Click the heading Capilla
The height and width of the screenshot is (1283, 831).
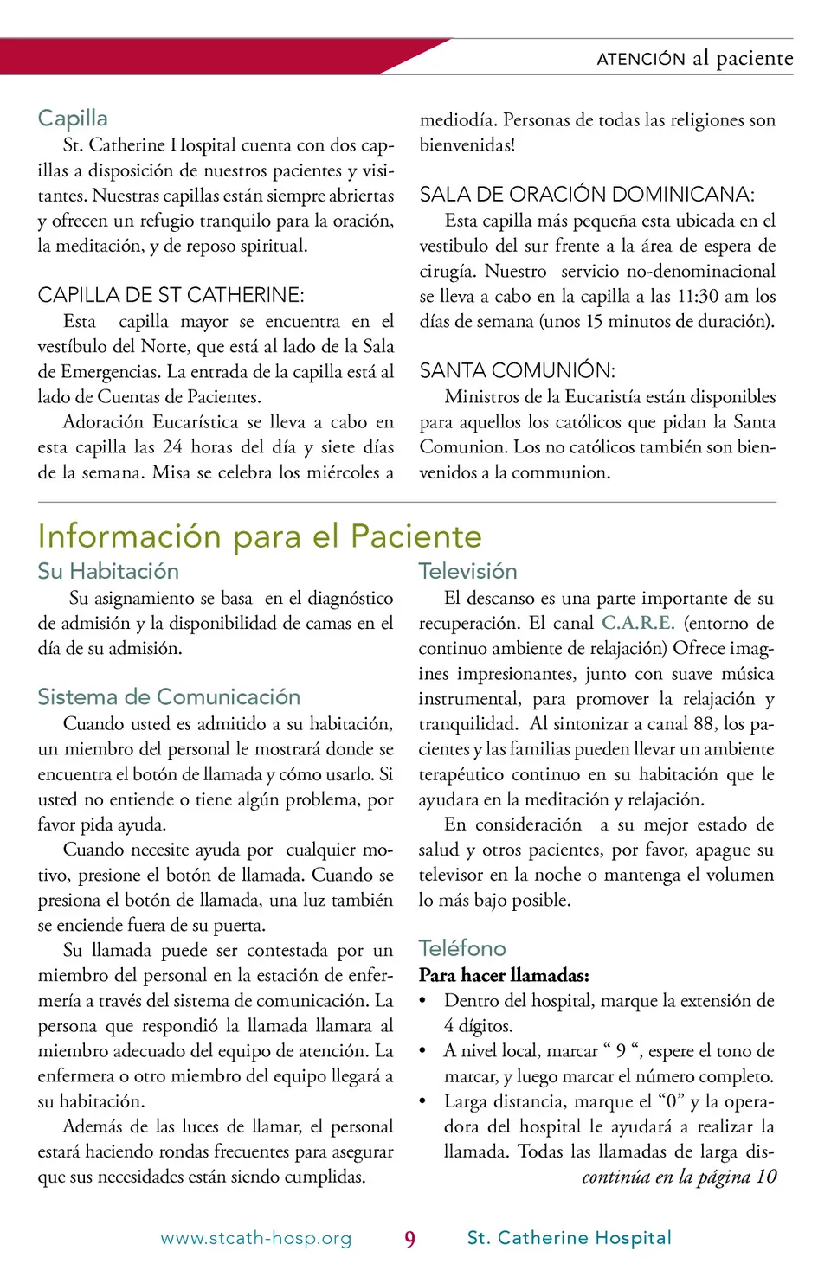[73, 119]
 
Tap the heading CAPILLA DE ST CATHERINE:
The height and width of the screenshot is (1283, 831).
[171, 295]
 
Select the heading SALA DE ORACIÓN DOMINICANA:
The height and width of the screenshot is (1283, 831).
[587, 195]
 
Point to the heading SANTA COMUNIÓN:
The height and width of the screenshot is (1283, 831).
[517, 370]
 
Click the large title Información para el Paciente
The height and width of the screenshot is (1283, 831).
[259, 536]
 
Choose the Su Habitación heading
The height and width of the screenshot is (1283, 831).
[108, 571]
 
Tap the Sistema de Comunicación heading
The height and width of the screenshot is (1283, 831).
[169, 696]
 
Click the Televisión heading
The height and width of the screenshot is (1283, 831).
[467, 571]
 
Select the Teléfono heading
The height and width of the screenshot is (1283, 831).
[462, 948]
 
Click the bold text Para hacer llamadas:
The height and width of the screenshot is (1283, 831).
[504, 975]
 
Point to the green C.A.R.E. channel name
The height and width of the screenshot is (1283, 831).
[638, 623]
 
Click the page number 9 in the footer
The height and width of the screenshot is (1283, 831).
[409, 1239]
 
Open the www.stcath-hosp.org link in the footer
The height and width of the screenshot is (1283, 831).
[256, 1238]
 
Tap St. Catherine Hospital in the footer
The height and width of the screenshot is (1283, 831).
[569, 1238]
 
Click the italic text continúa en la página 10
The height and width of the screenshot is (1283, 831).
[679, 1177]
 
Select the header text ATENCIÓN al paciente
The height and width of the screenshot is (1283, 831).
[694, 58]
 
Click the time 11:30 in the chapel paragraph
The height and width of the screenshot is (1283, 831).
[698, 296]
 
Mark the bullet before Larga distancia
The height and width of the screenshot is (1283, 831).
[423, 1101]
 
